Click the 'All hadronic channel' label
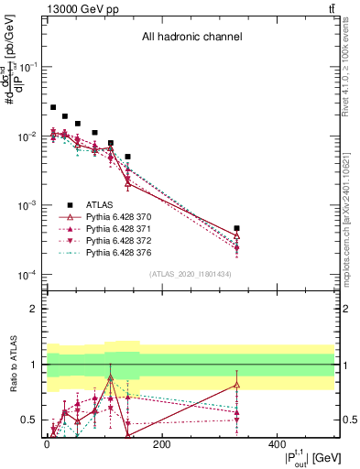[x=191, y=38]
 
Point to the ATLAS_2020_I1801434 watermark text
[x=190, y=275]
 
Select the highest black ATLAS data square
[x=53, y=107]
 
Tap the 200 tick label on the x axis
[x=161, y=444]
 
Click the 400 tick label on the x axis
[x=276, y=444]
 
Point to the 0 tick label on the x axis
[x=47, y=444]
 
